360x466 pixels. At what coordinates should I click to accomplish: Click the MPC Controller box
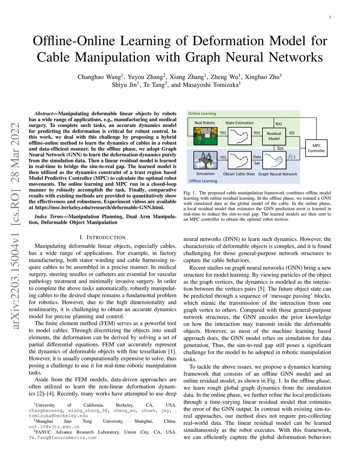tap(316, 148)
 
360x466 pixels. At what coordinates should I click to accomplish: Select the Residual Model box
tap(274, 136)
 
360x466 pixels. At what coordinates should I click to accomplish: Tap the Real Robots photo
tap(205, 136)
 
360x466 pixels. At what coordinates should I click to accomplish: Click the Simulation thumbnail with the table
tap(205, 160)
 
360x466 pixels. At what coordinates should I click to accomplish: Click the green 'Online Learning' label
tap(202, 114)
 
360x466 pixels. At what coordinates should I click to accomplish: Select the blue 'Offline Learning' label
tap(203, 181)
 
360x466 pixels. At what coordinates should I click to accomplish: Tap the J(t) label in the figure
tap(291, 133)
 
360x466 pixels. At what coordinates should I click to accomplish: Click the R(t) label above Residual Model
tap(278, 124)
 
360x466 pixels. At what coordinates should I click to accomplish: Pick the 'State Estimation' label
tap(239, 123)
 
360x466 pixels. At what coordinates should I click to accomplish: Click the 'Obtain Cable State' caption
tap(239, 174)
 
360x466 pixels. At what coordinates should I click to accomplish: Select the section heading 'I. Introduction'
tap(102, 237)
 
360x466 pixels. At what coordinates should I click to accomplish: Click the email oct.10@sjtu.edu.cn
tap(54, 427)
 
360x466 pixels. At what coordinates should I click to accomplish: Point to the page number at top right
tap(330, 17)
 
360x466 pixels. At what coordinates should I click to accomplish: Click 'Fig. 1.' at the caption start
tap(189, 193)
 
